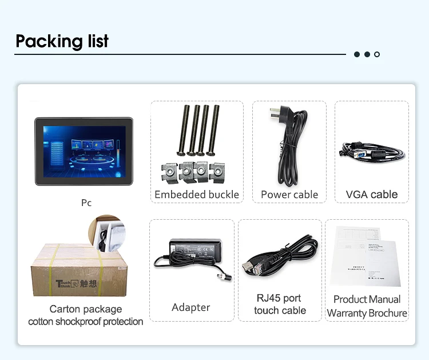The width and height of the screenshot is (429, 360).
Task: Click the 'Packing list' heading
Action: point(62,41)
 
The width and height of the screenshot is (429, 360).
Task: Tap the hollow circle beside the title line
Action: point(377,54)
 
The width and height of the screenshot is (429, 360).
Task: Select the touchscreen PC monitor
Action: point(84,151)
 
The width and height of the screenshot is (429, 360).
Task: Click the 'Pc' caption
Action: point(86,203)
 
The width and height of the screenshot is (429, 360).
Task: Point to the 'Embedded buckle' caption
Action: point(197,195)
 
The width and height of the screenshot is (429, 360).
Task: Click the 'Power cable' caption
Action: point(289,195)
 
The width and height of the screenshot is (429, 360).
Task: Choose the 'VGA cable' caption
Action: point(372,195)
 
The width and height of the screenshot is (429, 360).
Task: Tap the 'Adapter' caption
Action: point(191,307)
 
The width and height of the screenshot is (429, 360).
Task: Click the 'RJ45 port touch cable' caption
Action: point(280,304)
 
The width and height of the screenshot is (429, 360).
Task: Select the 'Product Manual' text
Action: point(367,299)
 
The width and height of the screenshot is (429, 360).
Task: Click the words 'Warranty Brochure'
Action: point(367,313)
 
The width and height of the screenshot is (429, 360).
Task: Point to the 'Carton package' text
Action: point(86,309)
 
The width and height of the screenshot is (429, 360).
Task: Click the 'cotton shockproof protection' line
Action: point(86,322)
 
